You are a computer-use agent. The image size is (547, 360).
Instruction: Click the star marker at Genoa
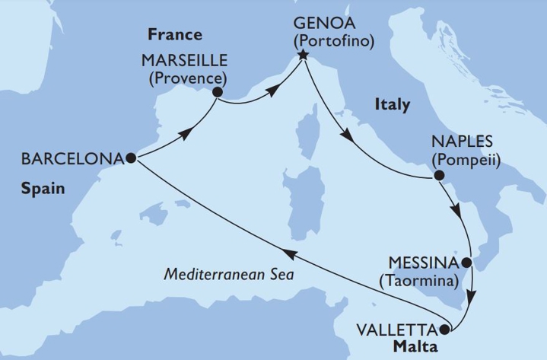point(304,55)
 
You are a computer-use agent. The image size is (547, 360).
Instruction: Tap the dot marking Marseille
point(218,93)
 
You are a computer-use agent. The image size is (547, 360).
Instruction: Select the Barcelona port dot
point(131,158)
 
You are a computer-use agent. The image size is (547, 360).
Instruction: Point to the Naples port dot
point(438,176)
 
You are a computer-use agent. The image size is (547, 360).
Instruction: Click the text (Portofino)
point(332,41)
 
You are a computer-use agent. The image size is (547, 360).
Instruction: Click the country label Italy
point(393,104)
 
